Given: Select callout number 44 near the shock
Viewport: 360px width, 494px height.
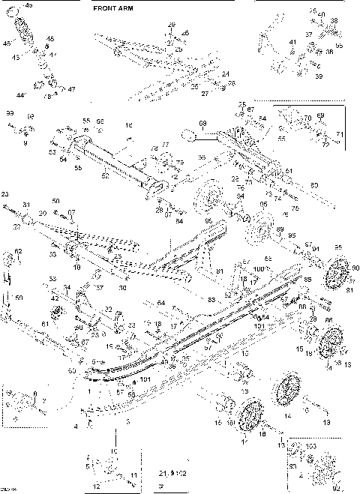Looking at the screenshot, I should point(19,96).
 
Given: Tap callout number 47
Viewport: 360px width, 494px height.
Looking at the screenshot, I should point(72,89).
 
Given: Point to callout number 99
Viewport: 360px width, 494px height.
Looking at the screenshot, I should point(10,112).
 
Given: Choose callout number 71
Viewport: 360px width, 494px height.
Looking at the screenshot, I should point(339,134).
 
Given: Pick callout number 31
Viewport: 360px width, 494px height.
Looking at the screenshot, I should point(25,205).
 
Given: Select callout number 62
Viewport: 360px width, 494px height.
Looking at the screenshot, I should point(19,251).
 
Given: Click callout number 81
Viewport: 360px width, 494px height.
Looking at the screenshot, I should point(220,271).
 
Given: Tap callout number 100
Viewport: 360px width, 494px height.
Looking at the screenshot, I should point(259,268).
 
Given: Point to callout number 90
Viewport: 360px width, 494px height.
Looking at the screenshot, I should point(355,268).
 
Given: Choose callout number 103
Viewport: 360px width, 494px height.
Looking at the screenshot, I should point(311,445).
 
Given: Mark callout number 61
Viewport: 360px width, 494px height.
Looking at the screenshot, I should point(45,323).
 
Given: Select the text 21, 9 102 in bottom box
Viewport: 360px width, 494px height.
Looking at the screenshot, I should point(172,475).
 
